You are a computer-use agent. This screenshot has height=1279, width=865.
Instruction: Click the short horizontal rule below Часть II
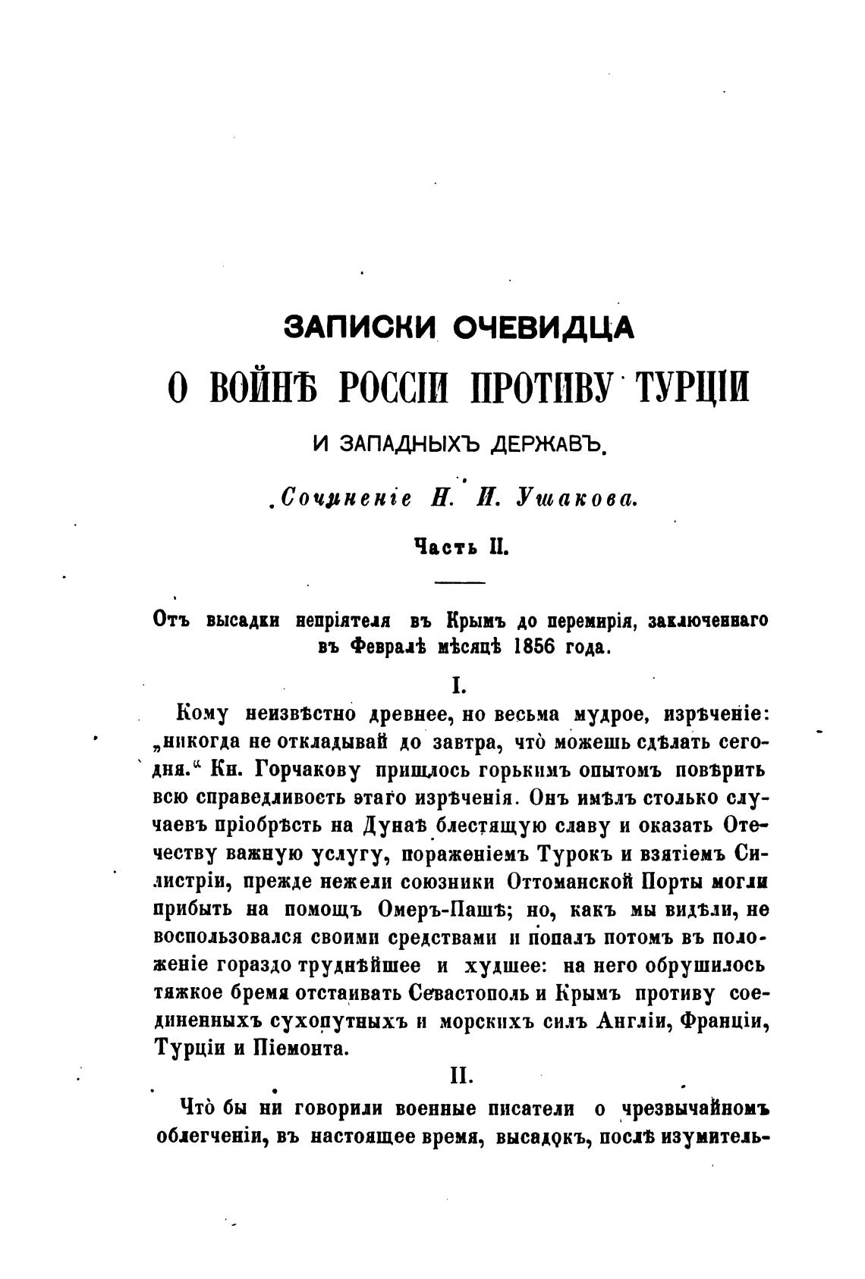coord(458,582)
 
